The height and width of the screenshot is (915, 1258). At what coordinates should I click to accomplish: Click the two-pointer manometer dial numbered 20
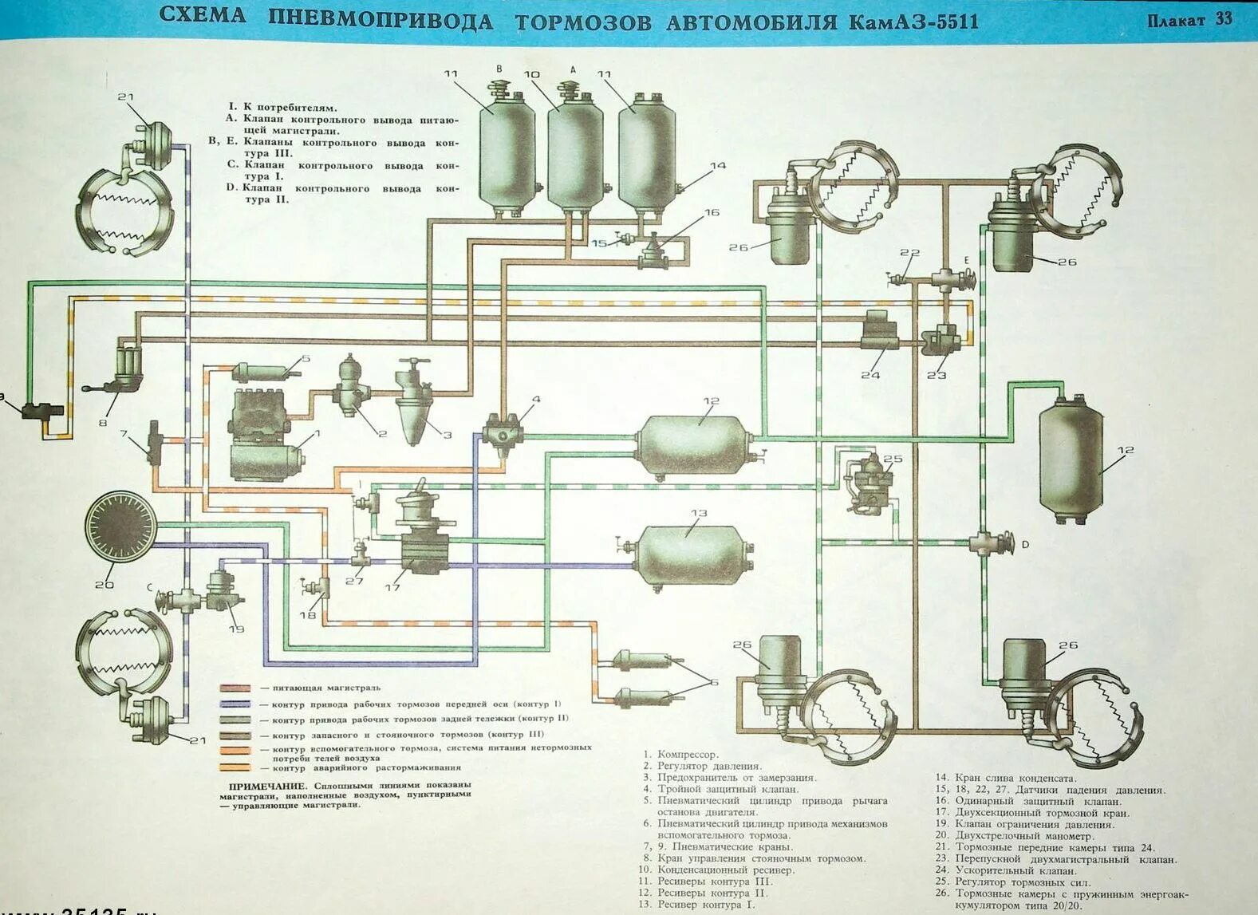tap(121, 527)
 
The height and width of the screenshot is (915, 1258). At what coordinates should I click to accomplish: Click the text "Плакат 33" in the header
tap(1189, 20)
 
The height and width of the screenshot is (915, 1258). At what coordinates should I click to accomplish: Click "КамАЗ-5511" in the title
tap(913, 22)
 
